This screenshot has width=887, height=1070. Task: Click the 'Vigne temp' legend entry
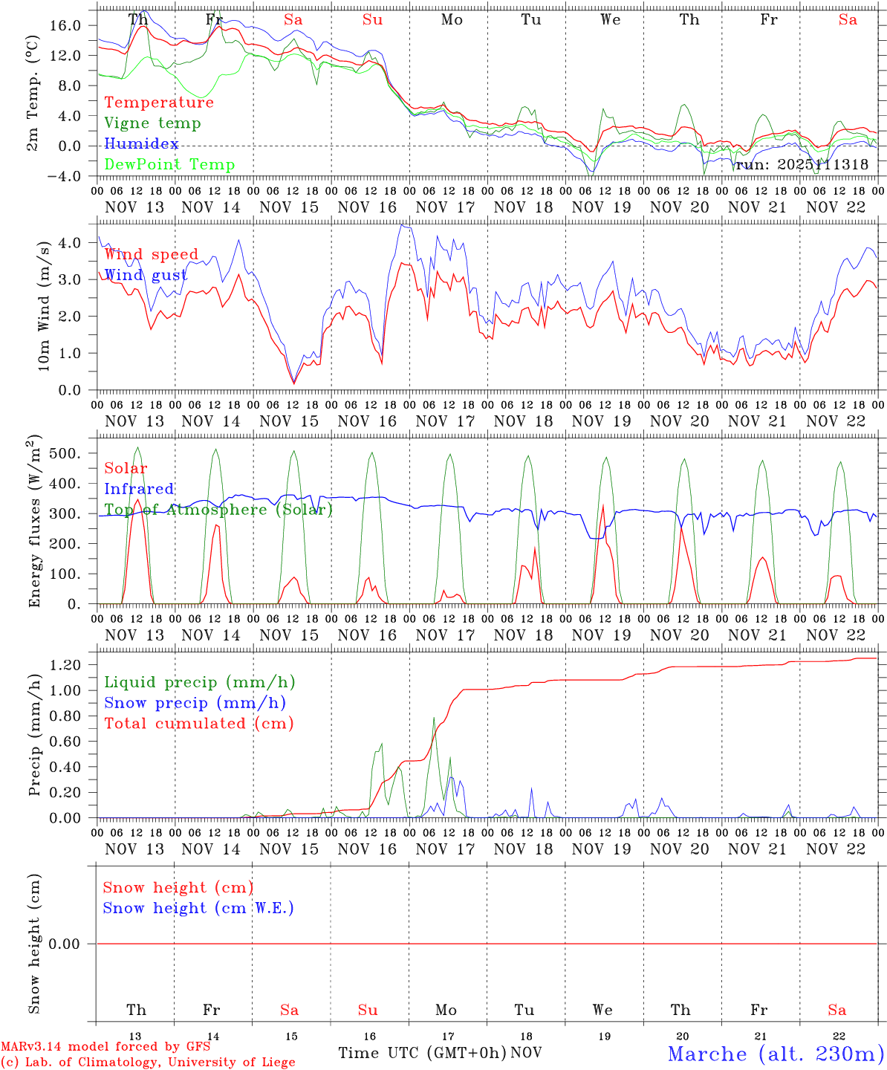coord(152,123)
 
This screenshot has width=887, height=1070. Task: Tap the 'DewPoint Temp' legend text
coord(169,165)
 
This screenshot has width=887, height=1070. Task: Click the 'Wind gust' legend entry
coord(146,276)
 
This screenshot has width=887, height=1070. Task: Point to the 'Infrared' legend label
coord(139,489)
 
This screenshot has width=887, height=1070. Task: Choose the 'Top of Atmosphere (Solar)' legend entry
coord(218,510)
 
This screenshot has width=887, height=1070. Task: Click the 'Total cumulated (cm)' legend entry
coord(198,724)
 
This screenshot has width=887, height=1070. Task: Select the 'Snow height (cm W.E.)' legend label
coord(198,908)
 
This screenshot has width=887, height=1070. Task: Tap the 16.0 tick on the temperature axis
coord(65,25)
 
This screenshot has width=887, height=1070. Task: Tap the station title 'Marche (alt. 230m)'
coord(775,1054)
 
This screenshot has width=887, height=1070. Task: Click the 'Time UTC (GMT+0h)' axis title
coord(422,1053)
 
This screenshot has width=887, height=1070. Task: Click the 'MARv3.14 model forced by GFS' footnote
coord(105,1047)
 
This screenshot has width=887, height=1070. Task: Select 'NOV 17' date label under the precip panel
coord(445,849)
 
